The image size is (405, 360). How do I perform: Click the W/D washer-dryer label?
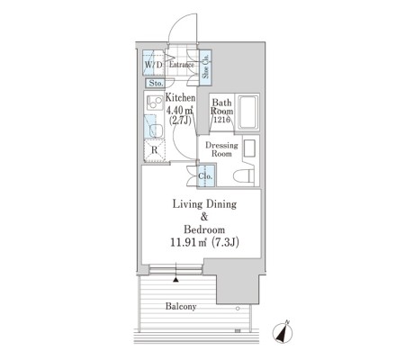pos(154,65)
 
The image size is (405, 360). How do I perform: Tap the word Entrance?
pos(182,65)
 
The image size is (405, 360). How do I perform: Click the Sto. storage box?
pos(155,83)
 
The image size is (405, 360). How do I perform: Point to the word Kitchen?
pos(180,97)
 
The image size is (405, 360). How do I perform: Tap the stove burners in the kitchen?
pos(154,103)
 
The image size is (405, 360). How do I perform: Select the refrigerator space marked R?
pos(154,150)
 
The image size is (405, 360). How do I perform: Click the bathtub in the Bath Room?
pos(247,112)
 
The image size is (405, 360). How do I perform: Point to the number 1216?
pos(221,120)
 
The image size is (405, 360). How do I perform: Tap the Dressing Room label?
pos(221,149)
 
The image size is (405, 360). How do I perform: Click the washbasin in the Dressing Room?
pos(249,148)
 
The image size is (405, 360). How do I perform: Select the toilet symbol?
pos(244,176)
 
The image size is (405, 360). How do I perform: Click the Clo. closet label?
pos(205,176)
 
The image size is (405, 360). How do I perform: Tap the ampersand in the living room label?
pos(204,217)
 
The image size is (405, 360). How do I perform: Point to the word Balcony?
pos(181,306)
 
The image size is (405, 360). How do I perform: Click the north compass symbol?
pos(283,332)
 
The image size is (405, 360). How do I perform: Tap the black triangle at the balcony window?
pos(175,280)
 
